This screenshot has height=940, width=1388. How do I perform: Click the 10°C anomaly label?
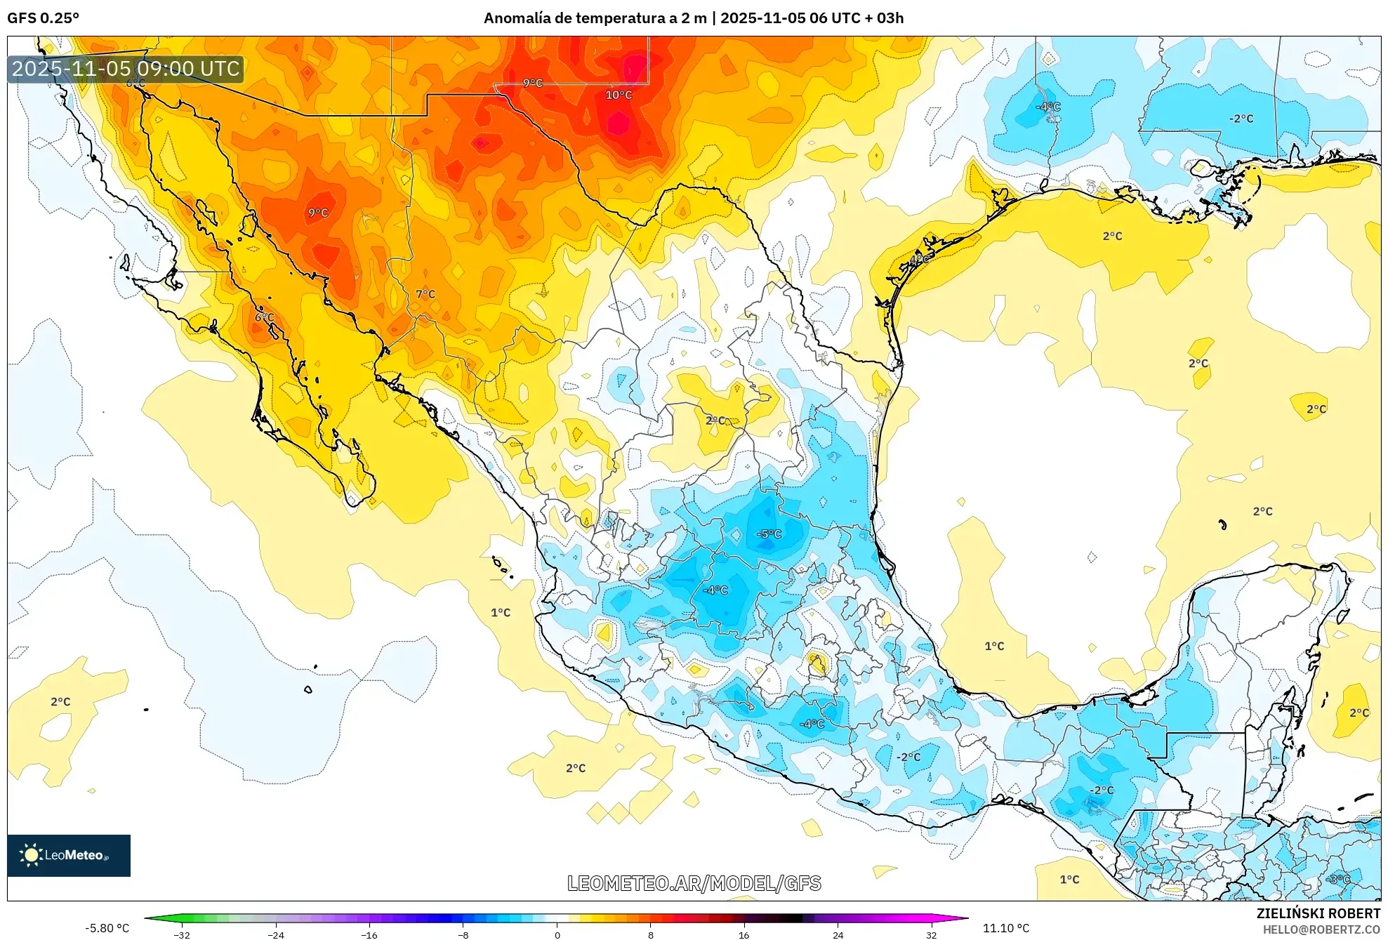pyautogui.click(x=619, y=95)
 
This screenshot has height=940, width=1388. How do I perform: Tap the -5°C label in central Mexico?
pyautogui.click(x=769, y=534)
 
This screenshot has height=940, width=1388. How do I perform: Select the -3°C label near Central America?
pyautogui.click(x=1338, y=879)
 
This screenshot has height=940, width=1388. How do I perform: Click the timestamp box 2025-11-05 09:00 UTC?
pyautogui.click(x=126, y=69)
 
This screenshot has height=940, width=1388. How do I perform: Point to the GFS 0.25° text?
pyautogui.click(x=44, y=18)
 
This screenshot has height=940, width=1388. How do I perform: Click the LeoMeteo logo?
pyautogui.click(x=69, y=855)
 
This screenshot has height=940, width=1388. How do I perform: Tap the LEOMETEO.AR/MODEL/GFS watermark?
pyautogui.click(x=694, y=883)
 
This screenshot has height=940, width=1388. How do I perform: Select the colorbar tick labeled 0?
pyautogui.click(x=557, y=934)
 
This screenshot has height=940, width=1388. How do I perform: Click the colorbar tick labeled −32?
pyautogui.click(x=182, y=934)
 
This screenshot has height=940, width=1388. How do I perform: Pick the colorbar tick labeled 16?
pyautogui.click(x=744, y=934)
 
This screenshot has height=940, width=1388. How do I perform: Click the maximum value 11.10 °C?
pyautogui.click(x=1006, y=928)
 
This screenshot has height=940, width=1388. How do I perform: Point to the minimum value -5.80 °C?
pyautogui.click(x=107, y=928)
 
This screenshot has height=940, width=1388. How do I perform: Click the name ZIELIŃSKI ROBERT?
pyautogui.click(x=1318, y=913)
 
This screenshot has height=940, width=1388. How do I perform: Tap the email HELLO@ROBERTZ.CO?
pyautogui.click(x=1321, y=929)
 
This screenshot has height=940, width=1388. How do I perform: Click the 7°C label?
pyautogui.click(x=425, y=294)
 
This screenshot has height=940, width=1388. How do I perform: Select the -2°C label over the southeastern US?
pyautogui.click(x=1241, y=119)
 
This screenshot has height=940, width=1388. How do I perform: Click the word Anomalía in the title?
pyautogui.click(x=517, y=18)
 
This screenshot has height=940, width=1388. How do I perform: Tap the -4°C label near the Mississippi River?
pyautogui.click(x=1048, y=107)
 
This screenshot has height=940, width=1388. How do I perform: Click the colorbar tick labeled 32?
pyautogui.click(x=931, y=934)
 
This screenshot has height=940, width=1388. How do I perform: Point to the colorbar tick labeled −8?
pyautogui.click(x=463, y=934)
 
